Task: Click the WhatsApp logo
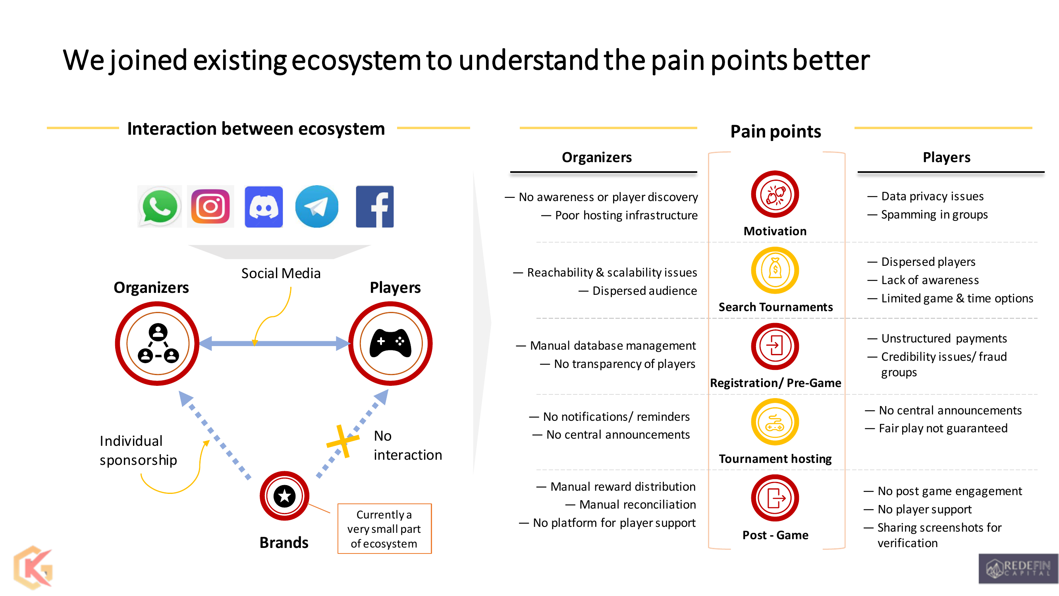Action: (160, 207)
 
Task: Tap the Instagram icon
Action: (210, 207)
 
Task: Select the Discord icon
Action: (264, 207)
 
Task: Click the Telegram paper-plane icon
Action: (316, 207)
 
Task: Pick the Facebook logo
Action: (374, 207)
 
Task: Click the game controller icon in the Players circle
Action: (391, 343)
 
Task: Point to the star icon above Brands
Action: (284, 495)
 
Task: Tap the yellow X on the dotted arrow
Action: (342, 442)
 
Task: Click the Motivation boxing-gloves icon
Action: (775, 194)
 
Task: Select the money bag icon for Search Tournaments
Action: (775, 270)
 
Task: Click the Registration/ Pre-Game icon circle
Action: (775, 346)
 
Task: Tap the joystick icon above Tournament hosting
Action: (775, 422)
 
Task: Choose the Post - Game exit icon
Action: (775, 498)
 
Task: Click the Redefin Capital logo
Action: (1018, 569)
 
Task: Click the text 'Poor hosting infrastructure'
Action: (626, 215)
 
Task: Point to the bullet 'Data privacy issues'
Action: (932, 196)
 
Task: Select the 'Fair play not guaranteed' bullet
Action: (943, 428)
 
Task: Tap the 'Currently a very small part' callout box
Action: (384, 528)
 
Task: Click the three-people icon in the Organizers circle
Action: (158, 343)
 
